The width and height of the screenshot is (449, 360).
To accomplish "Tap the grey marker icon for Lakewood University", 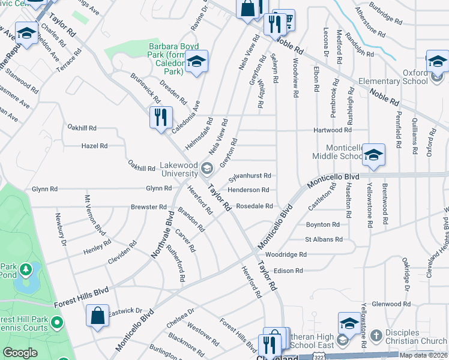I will point(207,167).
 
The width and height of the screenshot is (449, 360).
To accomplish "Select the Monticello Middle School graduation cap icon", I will point(373,156).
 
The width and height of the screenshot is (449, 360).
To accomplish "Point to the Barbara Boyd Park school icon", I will point(196,61).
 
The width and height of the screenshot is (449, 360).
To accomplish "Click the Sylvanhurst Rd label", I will point(251,176).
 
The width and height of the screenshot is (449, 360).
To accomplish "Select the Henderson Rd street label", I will point(248,190).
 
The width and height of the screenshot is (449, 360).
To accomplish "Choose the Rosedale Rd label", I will point(255,206).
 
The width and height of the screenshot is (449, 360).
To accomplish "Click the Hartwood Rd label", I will point(332,130).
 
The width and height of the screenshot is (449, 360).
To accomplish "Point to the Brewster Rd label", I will point(148,206).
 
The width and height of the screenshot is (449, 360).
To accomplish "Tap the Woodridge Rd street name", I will point(286,254).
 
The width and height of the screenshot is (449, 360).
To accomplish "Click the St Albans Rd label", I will point(324,239).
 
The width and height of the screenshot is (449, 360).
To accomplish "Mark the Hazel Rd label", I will point(94,146).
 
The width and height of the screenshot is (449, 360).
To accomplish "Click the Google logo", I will point(20,353).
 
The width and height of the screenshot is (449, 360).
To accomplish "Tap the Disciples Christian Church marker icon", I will point(376,334).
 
